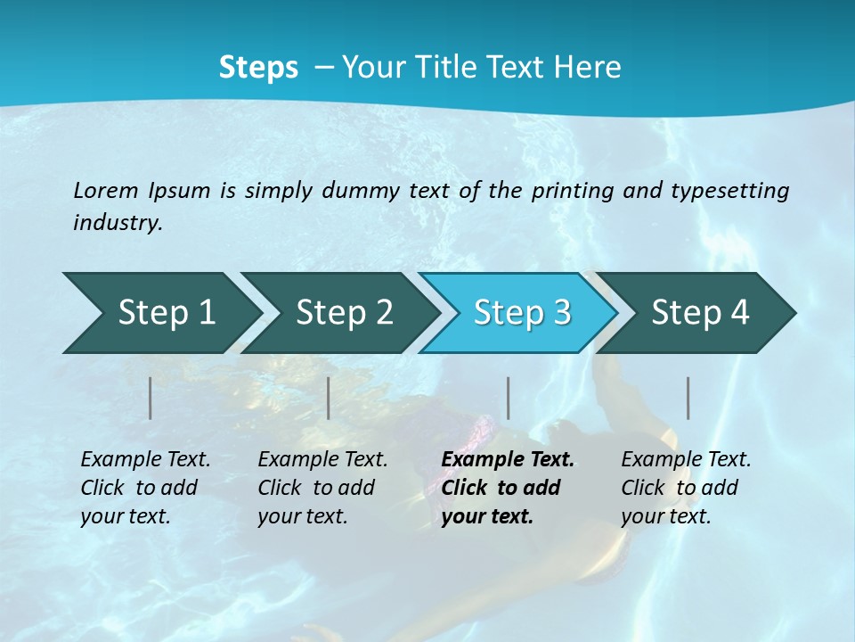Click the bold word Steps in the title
point(258,68)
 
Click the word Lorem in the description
point(106,190)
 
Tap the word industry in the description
point(117,222)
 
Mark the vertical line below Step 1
point(151,398)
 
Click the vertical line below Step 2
point(329,398)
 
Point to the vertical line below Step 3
point(508,398)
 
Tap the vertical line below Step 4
point(688,398)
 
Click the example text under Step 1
point(145,488)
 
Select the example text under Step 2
point(322,488)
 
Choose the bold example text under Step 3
point(508,488)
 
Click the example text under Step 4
point(686,488)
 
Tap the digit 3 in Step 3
point(561,313)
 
